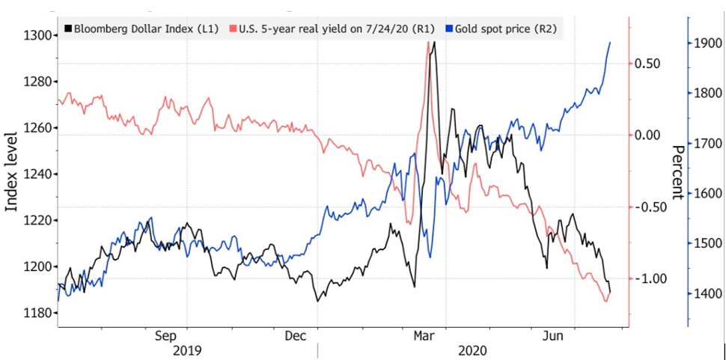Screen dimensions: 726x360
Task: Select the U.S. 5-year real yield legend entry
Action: tap(332, 29)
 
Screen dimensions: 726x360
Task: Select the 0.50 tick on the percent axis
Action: tap(647, 64)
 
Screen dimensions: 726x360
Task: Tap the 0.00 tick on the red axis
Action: tap(647, 135)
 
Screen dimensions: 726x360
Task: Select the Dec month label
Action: tap(295, 336)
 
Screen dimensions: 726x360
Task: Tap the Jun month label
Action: tap(553, 336)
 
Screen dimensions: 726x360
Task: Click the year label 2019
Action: tap(187, 351)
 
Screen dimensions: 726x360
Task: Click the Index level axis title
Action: tap(11, 171)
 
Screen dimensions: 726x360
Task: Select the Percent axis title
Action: tap(677, 172)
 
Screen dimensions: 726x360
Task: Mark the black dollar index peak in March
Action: tap(434, 42)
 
